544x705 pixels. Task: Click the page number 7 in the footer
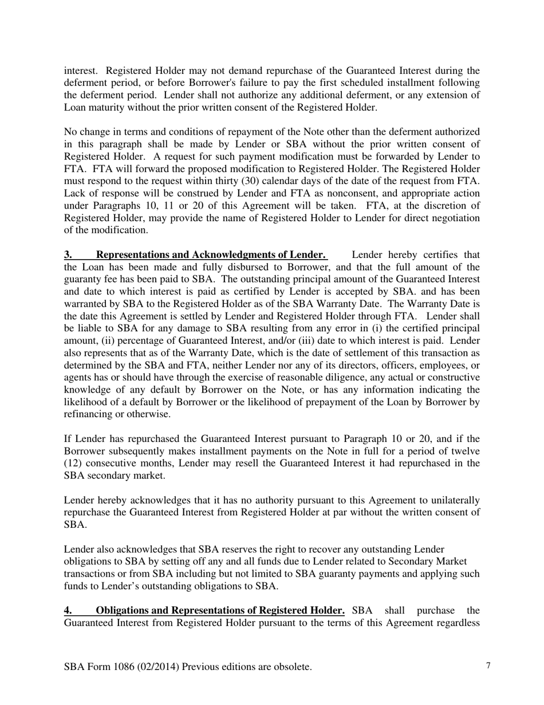pyautogui.click(x=488, y=665)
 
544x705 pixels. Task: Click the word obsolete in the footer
pyautogui.click(x=290, y=667)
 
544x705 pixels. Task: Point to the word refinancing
pyautogui.click(x=89, y=414)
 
